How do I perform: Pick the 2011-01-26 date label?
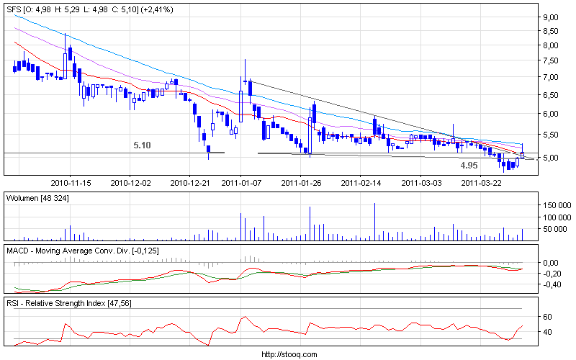pyautogui.click(x=307, y=183)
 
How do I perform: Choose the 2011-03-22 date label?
pyautogui.click(x=481, y=183)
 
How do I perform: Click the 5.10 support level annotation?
pyautogui.click(x=142, y=145)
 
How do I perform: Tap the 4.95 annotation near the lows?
pyautogui.click(x=469, y=165)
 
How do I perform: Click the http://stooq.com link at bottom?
pyautogui.click(x=288, y=354)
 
